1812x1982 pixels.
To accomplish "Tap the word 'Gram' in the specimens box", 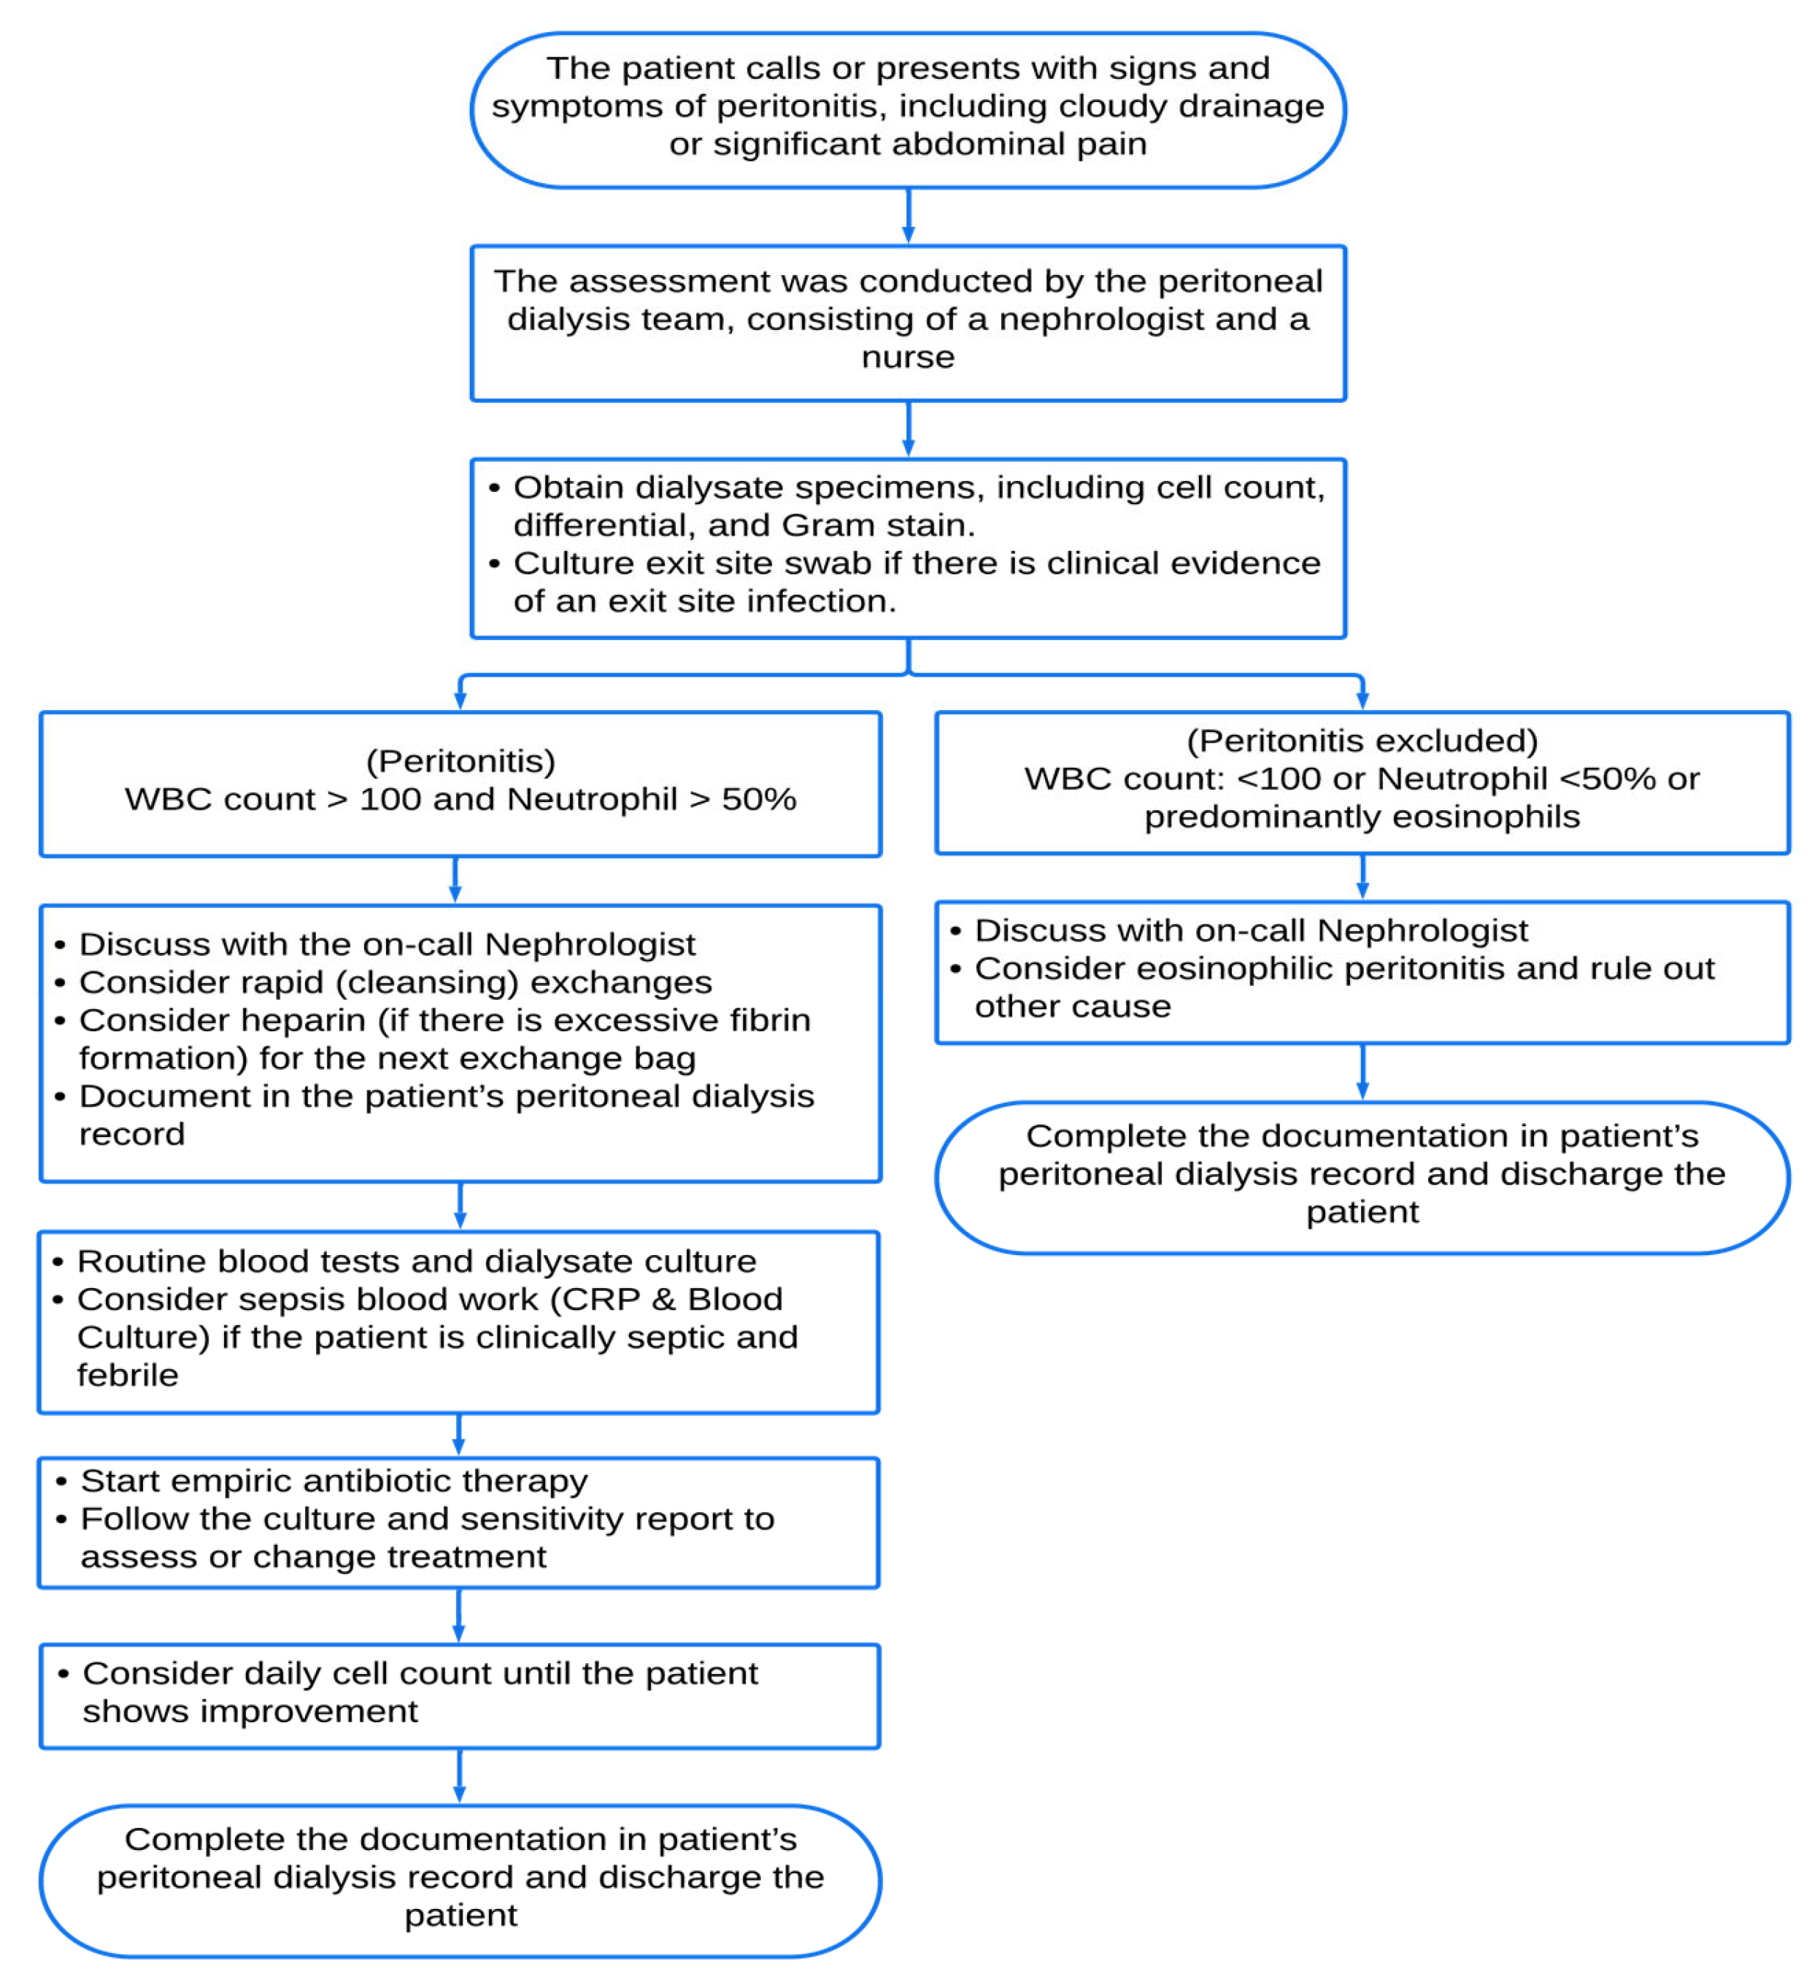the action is (x=818, y=526).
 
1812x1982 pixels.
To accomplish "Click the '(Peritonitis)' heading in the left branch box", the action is (x=460, y=761).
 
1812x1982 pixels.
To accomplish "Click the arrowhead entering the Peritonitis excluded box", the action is (x=1362, y=700).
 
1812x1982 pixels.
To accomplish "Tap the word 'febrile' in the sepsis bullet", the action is (x=128, y=1376).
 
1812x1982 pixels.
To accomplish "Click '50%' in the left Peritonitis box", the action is (x=758, y=799).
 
